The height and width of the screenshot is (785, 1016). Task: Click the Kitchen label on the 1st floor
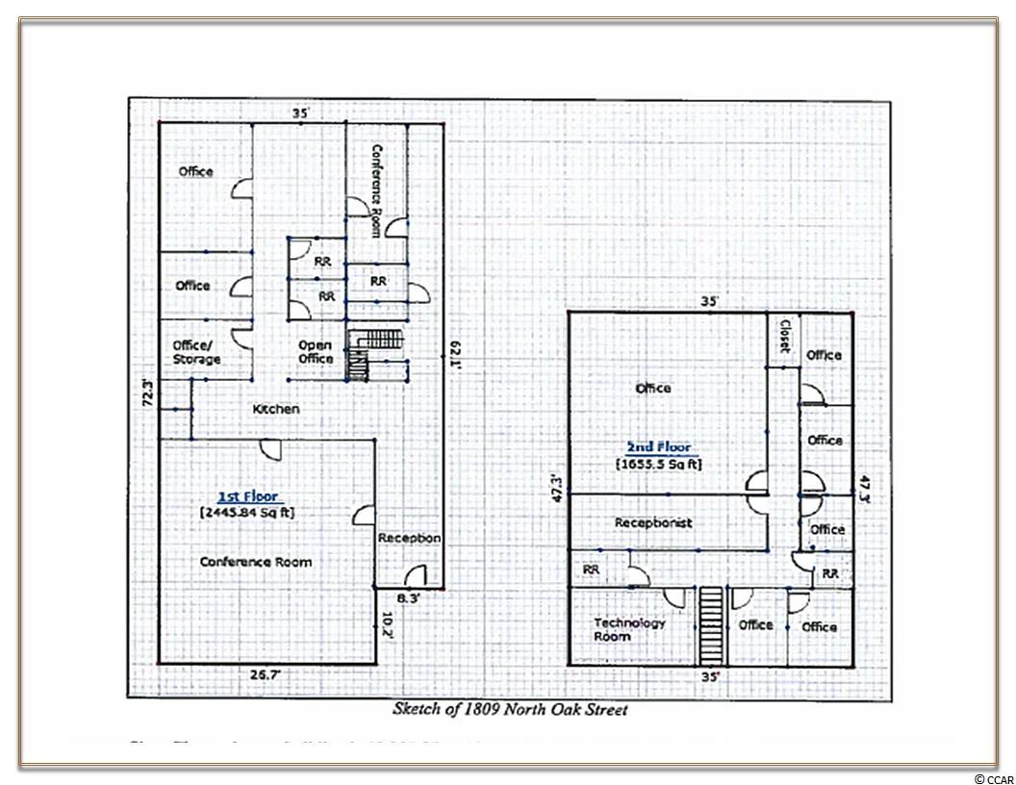(x=276, y=409)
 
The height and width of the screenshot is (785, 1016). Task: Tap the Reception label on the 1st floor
(x=409, y=538)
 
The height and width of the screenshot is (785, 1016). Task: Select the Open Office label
(x=315, y=352)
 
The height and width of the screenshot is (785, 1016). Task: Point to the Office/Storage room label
(x=196, y=352)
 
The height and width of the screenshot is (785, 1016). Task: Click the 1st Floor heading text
(x=247, y=496)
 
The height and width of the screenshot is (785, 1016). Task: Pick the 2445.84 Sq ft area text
(x=247, y=513)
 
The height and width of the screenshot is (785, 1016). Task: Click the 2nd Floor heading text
(x=659, y=447)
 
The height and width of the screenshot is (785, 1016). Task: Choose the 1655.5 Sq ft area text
(x=659, y=464)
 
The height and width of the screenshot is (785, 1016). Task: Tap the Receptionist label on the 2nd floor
(x=653, y=522)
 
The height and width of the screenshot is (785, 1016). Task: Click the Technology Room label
(x=629, y=629)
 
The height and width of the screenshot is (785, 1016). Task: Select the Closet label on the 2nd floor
(x=784, y=336)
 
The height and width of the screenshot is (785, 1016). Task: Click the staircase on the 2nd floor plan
(x=711, y=624)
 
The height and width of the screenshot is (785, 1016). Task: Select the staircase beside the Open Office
(x=359, y=354)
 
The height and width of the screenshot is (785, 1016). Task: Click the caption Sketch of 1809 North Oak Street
(x=510, y=710)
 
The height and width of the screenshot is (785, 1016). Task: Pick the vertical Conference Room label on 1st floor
(x=377, y=190)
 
